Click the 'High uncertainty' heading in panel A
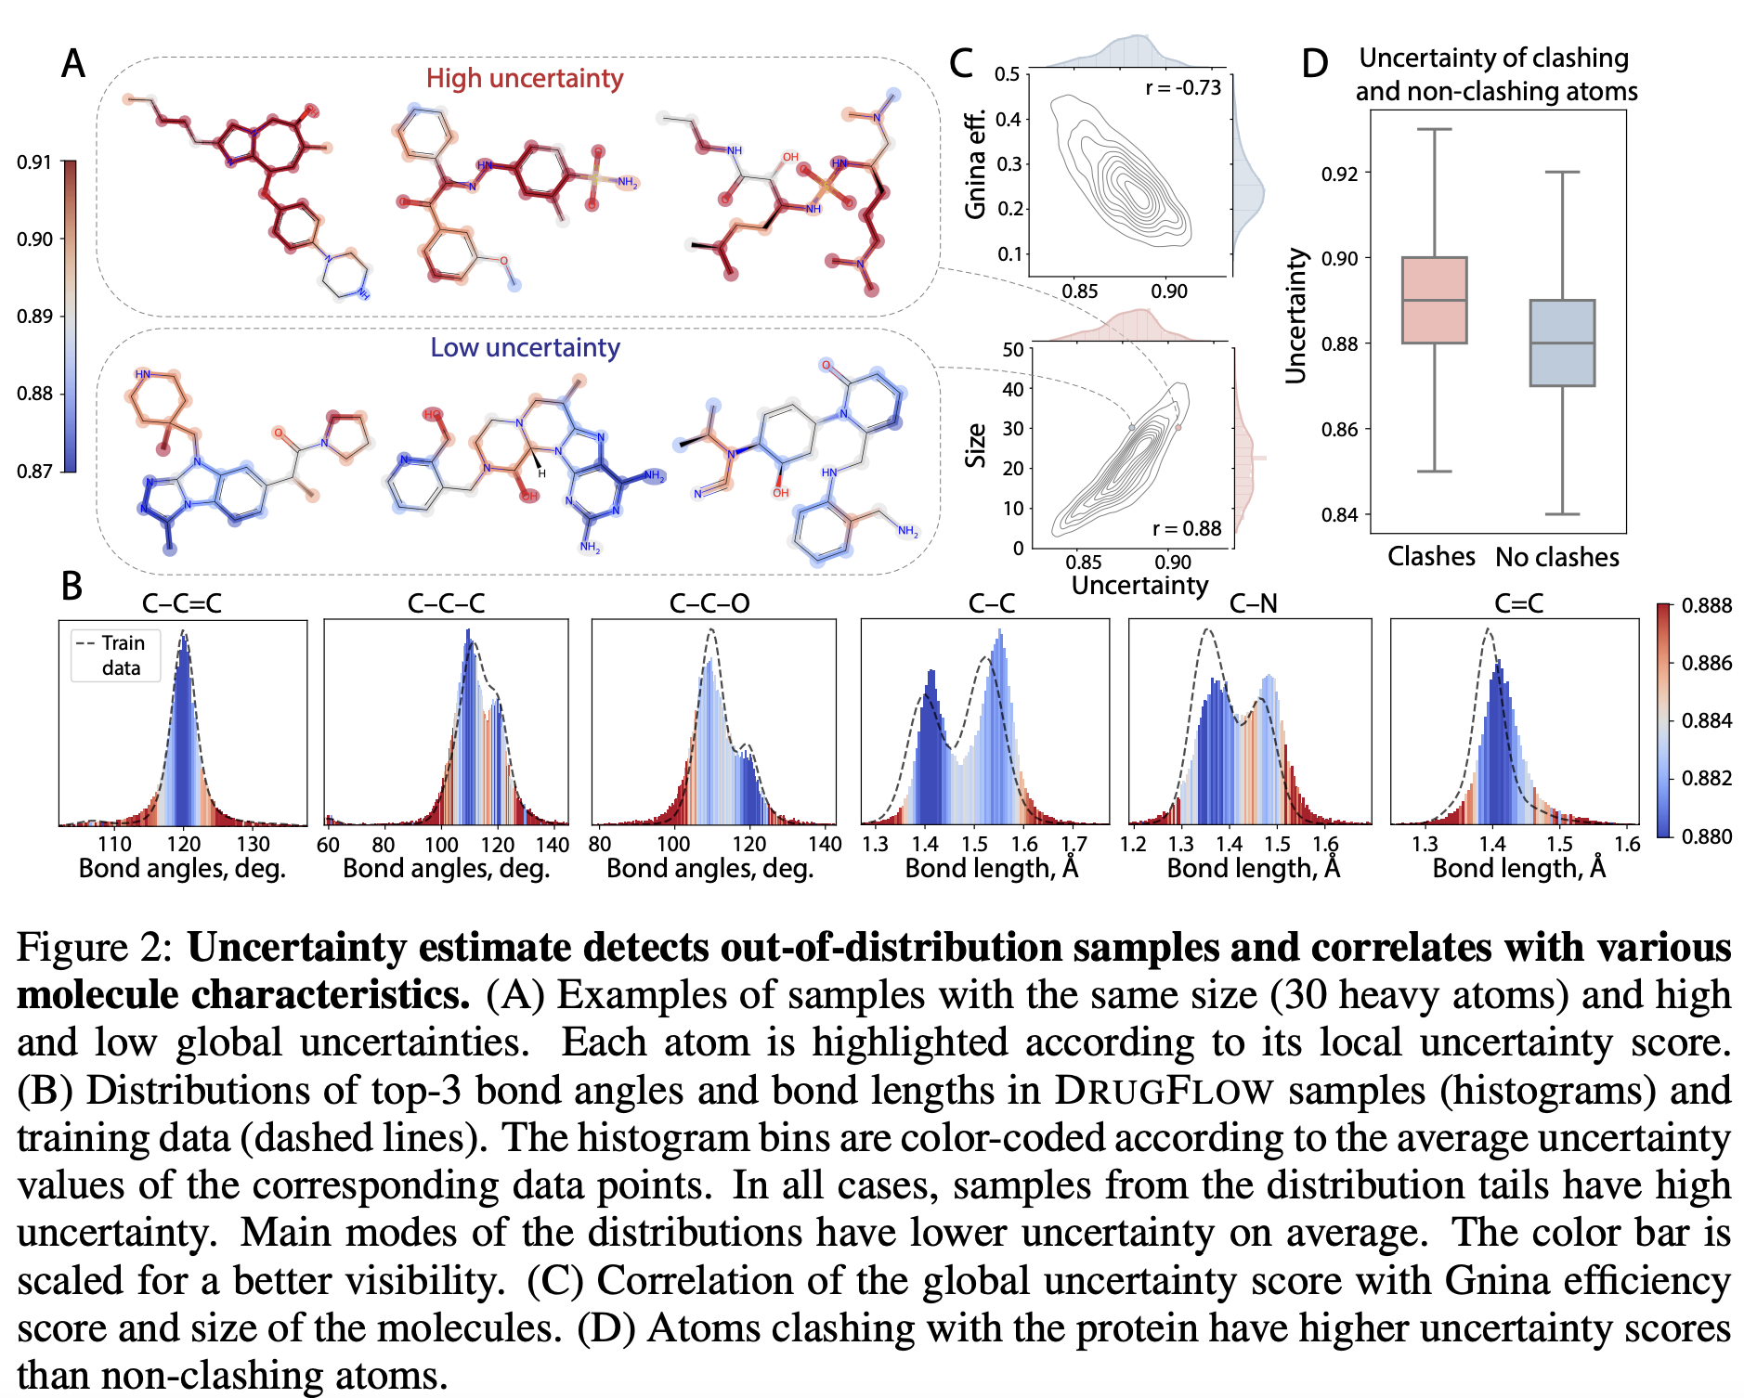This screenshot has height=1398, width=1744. [525, 78]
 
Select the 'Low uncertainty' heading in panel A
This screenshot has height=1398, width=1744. [525, 347]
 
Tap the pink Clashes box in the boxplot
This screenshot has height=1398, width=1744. [1434, 300]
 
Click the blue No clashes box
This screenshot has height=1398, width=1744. [1562, 343]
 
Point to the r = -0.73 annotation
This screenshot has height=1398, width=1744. [1183, 88]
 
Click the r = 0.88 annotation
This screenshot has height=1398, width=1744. [1187, 528]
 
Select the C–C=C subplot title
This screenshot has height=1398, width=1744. [182, 603]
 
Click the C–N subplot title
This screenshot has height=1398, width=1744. [1253, 603]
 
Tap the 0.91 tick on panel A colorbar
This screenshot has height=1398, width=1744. [34, 162]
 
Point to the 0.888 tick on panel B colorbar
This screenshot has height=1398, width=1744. [1707, 605]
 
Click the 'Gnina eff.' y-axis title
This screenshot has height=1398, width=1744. [975, 165]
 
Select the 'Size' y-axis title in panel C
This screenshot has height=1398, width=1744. [975, 446]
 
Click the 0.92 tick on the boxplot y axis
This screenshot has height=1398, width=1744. [1338, 174]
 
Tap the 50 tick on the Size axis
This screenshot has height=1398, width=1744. [1012, 350]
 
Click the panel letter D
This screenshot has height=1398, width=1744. [1314, 64]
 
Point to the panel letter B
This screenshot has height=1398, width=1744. [72, 586]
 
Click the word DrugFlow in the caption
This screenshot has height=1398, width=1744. [1164, 1091]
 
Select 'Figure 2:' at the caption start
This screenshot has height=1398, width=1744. [95, 948]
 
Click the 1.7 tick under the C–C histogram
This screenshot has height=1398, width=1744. [1074, 844]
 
